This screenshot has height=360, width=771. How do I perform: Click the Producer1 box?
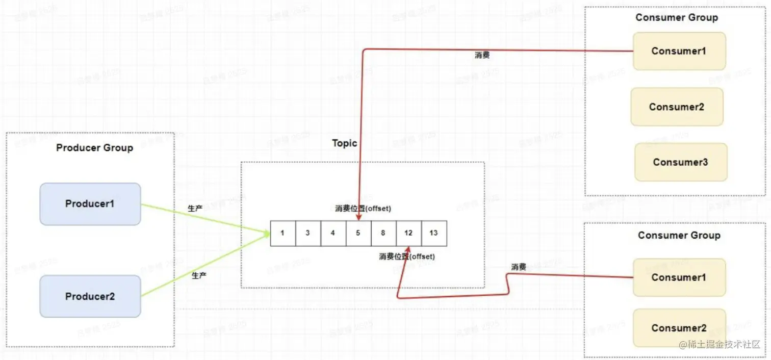pos(90,204)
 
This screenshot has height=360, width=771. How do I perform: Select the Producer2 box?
pos(90,296)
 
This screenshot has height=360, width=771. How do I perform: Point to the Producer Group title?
pos(94,148)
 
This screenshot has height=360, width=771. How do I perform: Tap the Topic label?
pos(345,143)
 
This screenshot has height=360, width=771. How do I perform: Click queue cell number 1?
pos(282,233)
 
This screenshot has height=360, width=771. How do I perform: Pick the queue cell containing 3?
pos(307,233)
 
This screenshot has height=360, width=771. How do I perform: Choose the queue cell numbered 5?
pos(358,233)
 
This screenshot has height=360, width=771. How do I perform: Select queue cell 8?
pos(383,233)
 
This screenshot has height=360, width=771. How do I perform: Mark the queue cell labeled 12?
pos(408,233)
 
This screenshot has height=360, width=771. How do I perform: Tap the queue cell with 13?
pos(433,233)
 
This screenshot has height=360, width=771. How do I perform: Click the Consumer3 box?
pos(680,162)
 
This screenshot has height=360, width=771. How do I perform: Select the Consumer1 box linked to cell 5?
pos(679,51)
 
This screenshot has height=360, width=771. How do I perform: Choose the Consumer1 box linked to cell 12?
pos(679,277)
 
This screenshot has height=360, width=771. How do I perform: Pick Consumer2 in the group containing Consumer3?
pos(677,107)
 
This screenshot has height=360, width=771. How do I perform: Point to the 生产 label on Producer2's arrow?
pos(199,275)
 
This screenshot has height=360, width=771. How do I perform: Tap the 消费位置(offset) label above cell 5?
pos(363,209)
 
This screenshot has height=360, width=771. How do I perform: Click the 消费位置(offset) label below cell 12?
pos(407,256)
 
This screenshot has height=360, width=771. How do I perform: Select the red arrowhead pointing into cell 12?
pos(407,249)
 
